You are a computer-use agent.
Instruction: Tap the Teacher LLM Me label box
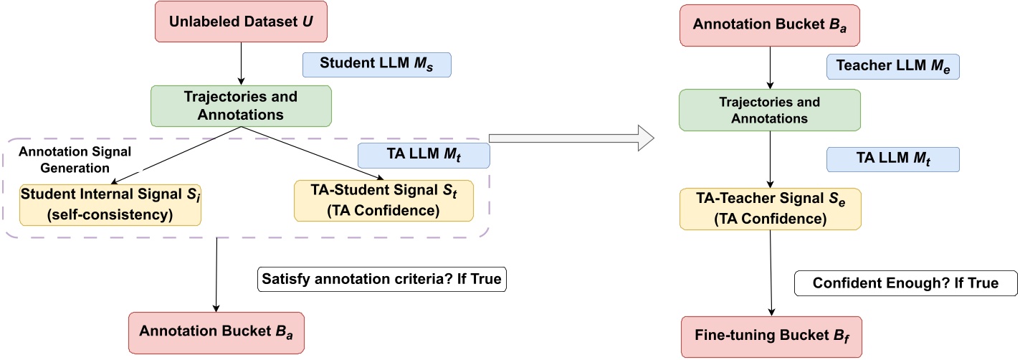[x=892, y=67]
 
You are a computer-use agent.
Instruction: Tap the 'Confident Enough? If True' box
[x=905, y=283]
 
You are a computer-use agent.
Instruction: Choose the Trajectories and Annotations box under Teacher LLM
[x=770, y=109]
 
